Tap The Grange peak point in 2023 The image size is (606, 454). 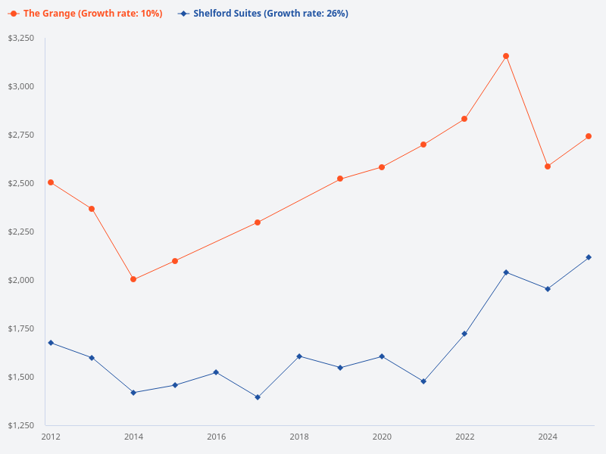click(x=506, y=56)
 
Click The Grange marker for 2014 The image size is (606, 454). click(x=133, y=279)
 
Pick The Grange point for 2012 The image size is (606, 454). click(x=51, y=182)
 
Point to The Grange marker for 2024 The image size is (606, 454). click(x=548, y=166)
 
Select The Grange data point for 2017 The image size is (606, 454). click(x=258, y=222)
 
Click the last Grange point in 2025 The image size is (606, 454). click(x=589, y=136)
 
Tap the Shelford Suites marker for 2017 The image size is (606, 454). click(x=258, y=397)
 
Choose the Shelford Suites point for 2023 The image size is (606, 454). click(x=506, y=272)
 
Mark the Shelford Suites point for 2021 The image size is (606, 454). click(x=423, y=381)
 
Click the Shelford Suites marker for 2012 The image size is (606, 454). click(x=51, y=343)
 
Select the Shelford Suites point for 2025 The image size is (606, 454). click(x=589, y=257)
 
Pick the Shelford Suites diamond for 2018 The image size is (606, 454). click(x=299, y=356)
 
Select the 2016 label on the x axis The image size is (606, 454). click(x=217, y=437)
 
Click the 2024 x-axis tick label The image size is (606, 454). click(x=548, y=437)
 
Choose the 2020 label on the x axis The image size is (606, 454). click(x=382, y=437)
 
